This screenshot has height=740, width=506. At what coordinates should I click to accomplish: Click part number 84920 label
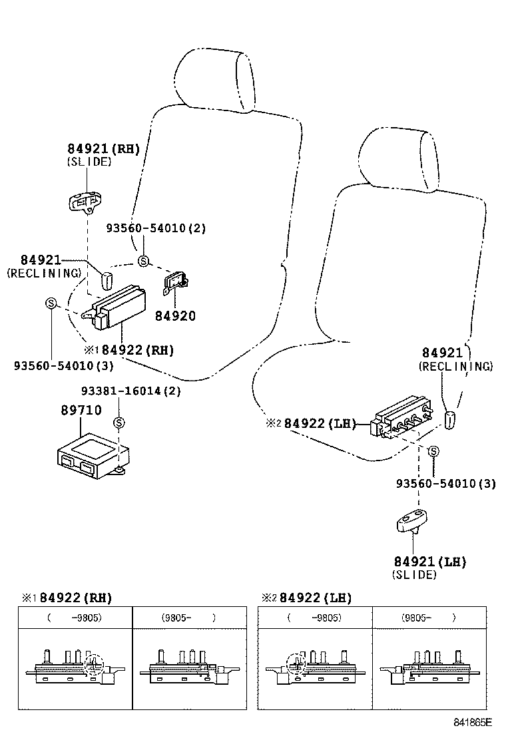(x=174, y=316)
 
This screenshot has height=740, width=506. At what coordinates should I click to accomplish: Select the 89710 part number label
(x=81, y=410)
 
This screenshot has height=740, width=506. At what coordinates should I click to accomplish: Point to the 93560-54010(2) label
(x=156, y=228)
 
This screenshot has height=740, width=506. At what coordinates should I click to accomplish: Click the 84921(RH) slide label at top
(x=103, y=149)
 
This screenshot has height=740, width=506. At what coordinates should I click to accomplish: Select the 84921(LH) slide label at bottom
(x=429, y=562)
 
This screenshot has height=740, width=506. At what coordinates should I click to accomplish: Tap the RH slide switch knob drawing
(x=85, y=200)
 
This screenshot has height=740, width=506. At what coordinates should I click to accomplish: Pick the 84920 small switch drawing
(x=176, y=282)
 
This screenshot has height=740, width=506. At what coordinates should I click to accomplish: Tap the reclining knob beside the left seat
(x=107, y=280)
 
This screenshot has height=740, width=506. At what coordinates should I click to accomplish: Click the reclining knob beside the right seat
(x=450, y=420)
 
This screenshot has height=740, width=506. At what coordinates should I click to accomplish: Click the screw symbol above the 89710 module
(x=119, y=423)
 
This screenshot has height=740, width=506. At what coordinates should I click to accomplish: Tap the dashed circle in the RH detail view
(x=95, y=663)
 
